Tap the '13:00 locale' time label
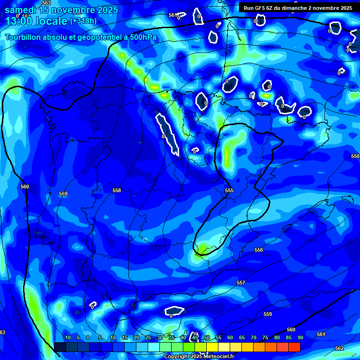coord(37,22)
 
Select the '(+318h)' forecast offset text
coord(83,21)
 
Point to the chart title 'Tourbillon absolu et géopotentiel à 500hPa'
coord(81,37)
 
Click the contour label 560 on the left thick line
coord(25,187)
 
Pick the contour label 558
coord(117,190)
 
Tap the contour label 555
coord(229,190)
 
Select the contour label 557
coord(241,283)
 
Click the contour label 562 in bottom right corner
coord(339,348)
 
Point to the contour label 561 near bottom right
coord(321,334)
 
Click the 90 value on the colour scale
coord(300,337)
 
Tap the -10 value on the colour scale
coord(67,337)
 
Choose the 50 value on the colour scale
coord(207,337)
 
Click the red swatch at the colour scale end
coord(294,347)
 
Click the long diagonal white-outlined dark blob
coord(167,133)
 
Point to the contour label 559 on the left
coord(63,194)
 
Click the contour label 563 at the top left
coord(46,3)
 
